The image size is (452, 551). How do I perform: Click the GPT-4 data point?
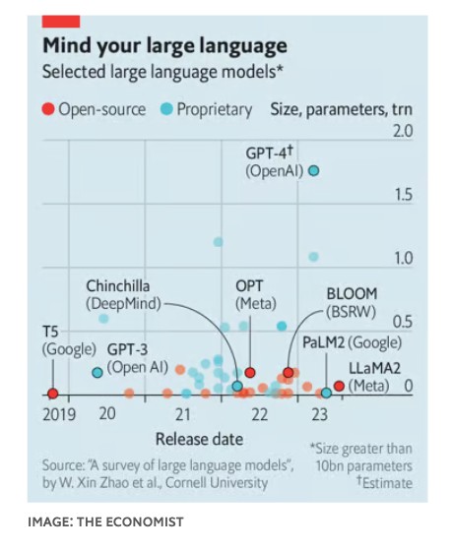[x=314, y=171]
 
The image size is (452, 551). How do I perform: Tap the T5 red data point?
[x=53, y=394]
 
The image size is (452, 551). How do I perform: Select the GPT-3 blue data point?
[x=97, y=373]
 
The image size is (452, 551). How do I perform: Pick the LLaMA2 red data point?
[x=339, y=386]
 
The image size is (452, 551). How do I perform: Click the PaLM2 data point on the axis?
[x=326, y=393]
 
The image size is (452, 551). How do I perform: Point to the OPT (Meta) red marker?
[x=250, y=373]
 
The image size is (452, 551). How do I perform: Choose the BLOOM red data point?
[x=289, y=373]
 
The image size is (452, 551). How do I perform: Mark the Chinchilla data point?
[x=237, y=386]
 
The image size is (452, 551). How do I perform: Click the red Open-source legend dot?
[x=48, y=109]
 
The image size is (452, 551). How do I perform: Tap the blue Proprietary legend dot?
[x=166, y=109]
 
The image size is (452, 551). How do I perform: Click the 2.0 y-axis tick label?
[x=402, y=132]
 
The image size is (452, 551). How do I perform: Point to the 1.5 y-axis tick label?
[x=403, y=195]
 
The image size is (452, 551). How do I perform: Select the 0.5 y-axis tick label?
[x=403, y=322]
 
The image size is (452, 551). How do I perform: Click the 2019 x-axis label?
[x=59, y=414]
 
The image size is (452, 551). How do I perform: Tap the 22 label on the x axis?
[x=260, y=414]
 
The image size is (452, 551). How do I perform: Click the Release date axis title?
[x=200, y=439]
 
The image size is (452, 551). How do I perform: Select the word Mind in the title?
[x=67, y=45]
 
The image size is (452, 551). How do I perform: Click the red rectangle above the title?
[x=61, y=22]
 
